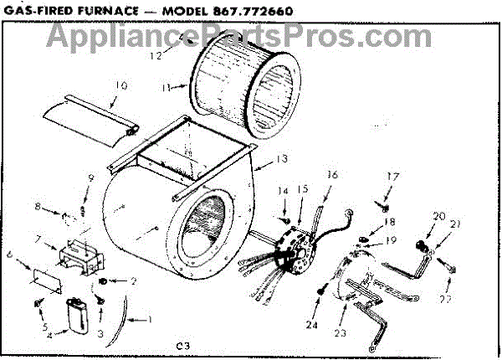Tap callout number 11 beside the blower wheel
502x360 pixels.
167,87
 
